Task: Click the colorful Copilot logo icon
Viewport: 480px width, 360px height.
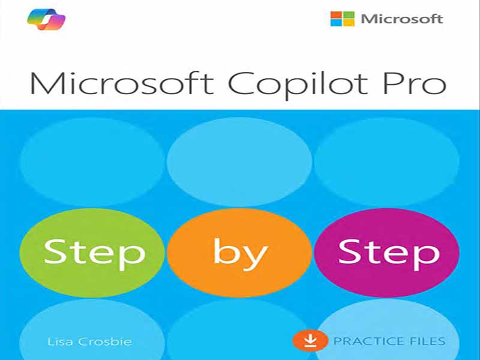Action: pos(46,20)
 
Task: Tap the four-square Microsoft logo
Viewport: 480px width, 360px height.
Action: pos(343,19)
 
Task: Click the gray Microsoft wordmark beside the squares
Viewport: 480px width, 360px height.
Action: pos(402,19)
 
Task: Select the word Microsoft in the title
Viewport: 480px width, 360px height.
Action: pos(122,83)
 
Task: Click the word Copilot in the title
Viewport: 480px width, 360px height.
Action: pos(298,85)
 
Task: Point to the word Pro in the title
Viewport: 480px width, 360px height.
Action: pos(415,83)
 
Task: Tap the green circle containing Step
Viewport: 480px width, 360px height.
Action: pos(92,253)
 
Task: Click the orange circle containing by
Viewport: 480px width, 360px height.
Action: pos(239,253)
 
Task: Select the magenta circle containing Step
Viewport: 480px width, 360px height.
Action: pos(386,253)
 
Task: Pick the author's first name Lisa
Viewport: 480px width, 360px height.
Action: pos(61,341)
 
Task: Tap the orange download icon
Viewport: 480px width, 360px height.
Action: pos(310,340)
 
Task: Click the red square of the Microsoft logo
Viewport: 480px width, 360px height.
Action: pos(336,15)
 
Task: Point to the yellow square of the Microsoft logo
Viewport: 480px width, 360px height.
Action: pos(349,23)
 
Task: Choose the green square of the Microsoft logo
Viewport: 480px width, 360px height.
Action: pos(349,15)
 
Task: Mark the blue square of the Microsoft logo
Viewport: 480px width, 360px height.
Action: pos(336,23)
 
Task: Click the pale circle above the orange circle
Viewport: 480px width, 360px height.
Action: pos(239,161)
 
